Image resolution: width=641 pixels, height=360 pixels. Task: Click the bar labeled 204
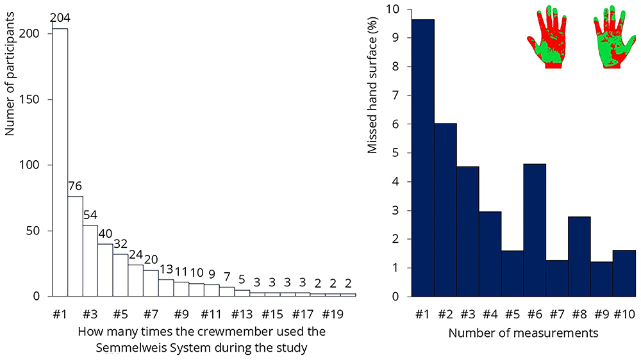coord(60,162)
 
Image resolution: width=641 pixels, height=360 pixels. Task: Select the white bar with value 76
coord(75,247)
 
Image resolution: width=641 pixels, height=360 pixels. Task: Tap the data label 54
coord(90,215)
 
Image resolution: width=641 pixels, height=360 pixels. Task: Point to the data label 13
coord(166,269)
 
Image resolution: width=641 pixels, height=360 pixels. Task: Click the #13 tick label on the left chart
coord(242,315)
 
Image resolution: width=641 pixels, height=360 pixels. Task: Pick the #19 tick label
coord(333,315)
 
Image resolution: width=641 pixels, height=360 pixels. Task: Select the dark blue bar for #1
coord(423,158)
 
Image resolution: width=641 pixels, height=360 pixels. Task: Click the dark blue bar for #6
coord(535,230)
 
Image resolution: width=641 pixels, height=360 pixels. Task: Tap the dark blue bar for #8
coord(579,257)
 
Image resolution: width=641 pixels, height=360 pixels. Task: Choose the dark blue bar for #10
coord(624,274)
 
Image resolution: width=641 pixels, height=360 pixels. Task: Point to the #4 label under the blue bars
coord(490,315)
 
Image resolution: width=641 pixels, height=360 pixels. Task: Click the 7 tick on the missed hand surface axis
coord(395,95)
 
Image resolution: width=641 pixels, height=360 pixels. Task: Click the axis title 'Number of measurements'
coord(523,333)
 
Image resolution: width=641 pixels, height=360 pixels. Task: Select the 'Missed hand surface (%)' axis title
coord(372,85)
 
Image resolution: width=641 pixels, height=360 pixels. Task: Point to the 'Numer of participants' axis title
coord(10,74)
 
